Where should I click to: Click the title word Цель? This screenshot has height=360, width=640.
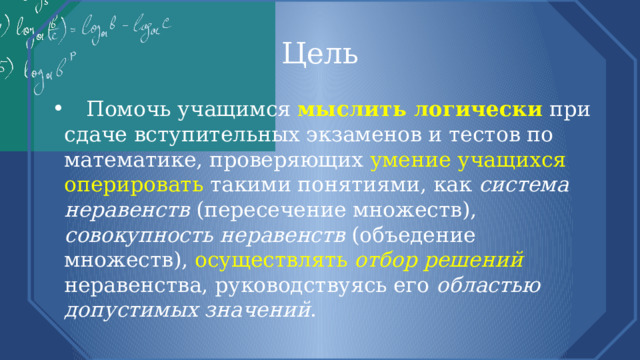(x=319, y=52)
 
